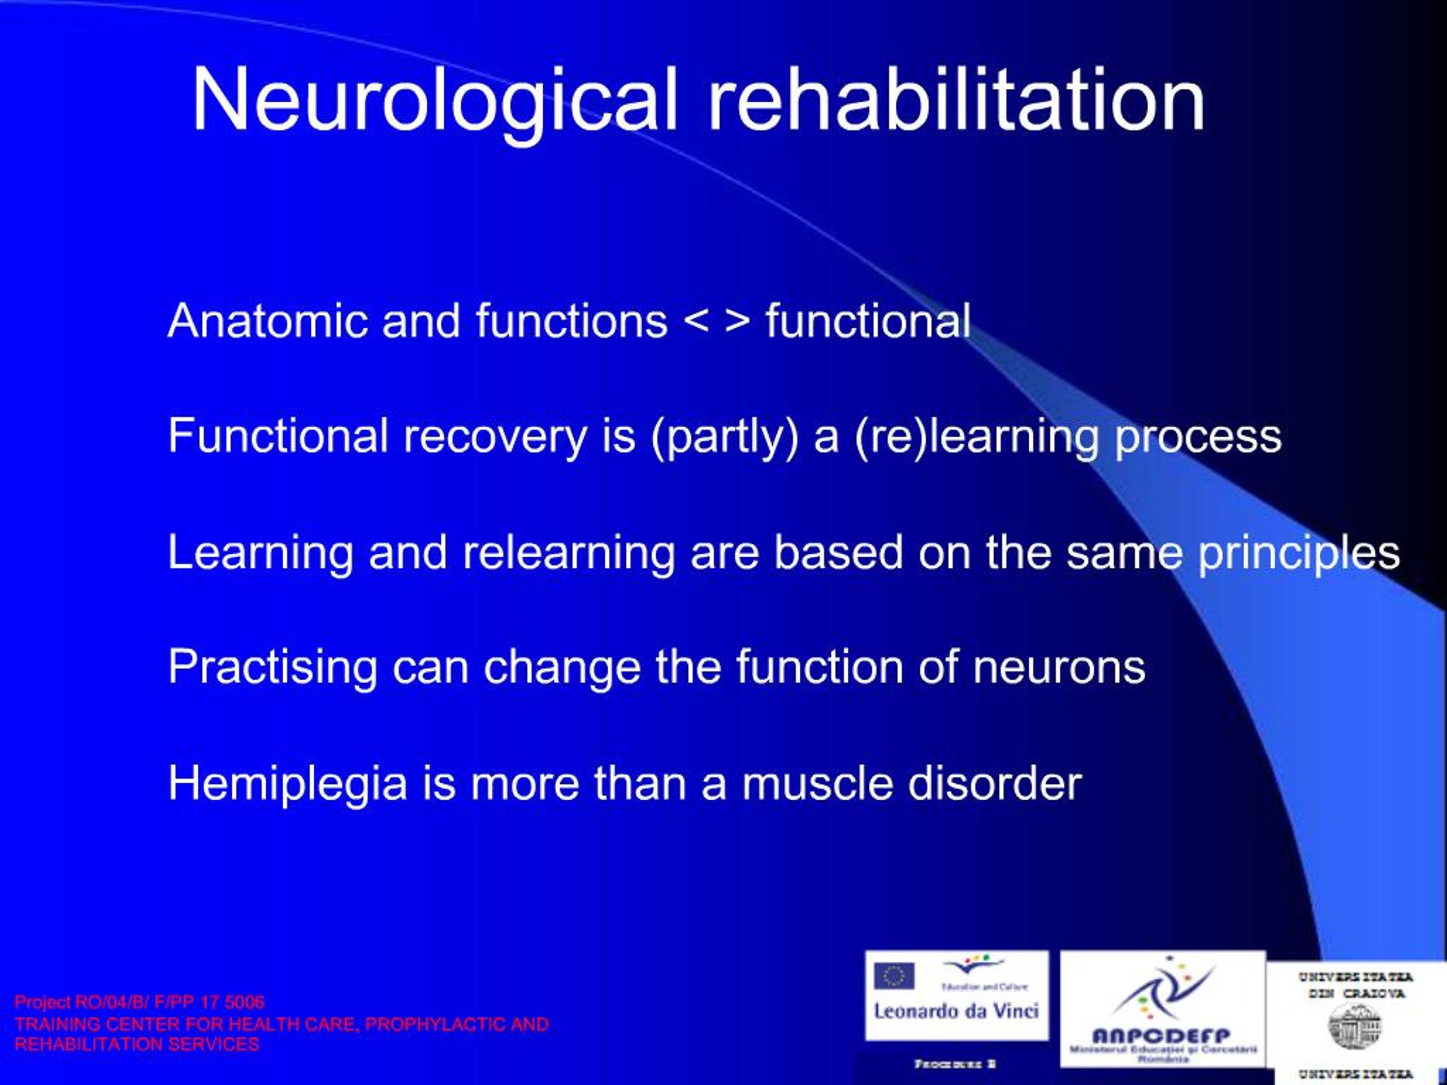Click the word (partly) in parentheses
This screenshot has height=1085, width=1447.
point(725,437)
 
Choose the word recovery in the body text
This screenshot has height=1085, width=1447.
point(495,437)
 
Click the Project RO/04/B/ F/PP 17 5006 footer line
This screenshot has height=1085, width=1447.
point(140,1002)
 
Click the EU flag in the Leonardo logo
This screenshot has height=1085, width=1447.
point(894,976)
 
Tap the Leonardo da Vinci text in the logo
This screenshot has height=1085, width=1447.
point(956,1011)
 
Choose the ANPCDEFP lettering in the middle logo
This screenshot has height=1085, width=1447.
point(1162,1035)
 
